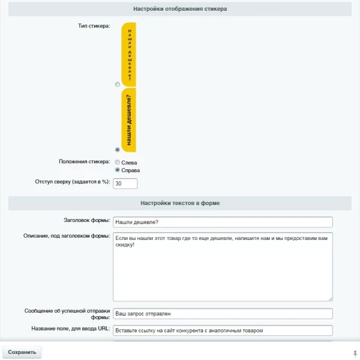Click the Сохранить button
pos(22,352)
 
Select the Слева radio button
pos(118,162)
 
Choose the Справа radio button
pos(118,170)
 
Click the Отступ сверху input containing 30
pos(125,183)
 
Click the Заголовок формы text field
pos(222,222)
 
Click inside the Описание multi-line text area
pos(222,266)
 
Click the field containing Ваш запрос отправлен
pos(222,313)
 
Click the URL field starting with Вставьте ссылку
pos(222,330)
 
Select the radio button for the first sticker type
pos(118,85)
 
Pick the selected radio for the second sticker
pos(118,149)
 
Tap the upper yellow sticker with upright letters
pos(129,54)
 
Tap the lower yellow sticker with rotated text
pos(129,120)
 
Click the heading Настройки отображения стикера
pos(179,9)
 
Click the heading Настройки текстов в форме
pos(179,203)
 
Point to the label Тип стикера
pos(94,26)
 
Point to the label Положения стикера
pos(84,161)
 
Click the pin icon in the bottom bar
pos(355,353)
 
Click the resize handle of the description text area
pos(329,298)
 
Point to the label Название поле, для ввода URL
pos(70,329)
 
